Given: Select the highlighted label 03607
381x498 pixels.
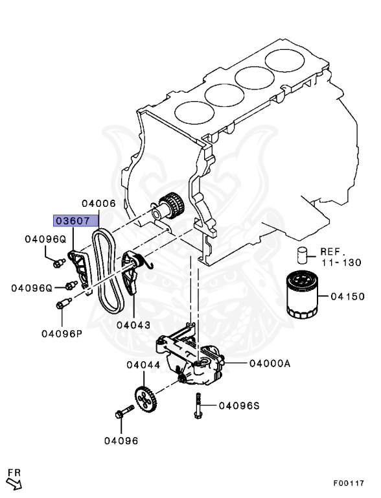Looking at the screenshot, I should click(72, 220).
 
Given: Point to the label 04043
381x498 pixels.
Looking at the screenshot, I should click(133, 324).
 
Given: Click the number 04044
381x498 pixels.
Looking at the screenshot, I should click(143, 365).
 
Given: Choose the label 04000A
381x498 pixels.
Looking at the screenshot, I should click(266, 364).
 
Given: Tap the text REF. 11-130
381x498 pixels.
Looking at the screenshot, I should click(340, 256).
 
